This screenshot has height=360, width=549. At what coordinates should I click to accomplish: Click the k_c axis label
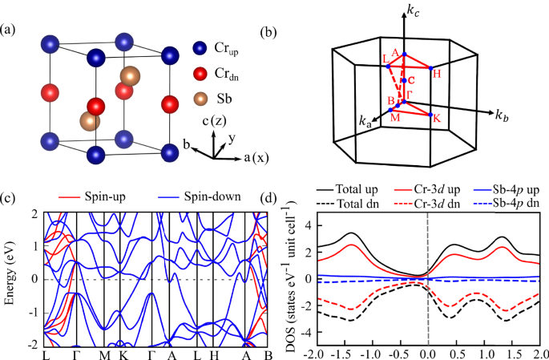412,14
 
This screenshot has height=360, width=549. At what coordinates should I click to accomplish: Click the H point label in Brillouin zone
437,74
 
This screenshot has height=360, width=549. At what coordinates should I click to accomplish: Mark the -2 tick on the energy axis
33,344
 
